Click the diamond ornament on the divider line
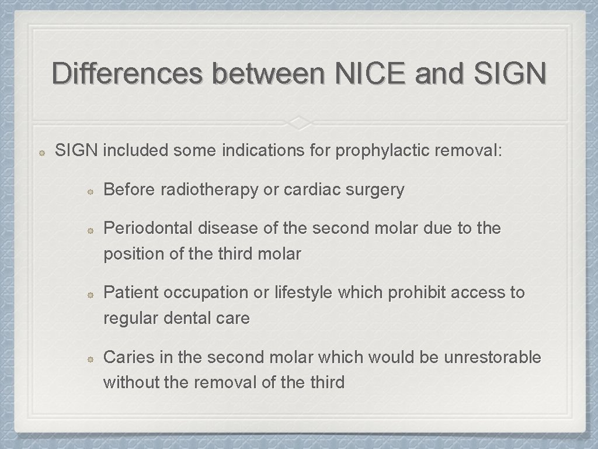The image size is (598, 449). (x=298, y=123)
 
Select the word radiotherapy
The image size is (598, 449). (x=209, y=190)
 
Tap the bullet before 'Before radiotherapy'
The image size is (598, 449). (x=91, y=191)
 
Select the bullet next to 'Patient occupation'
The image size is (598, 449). (x=91, y=293)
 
